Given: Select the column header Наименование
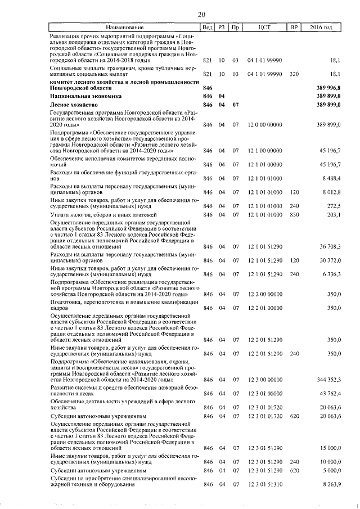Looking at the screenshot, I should click(125, 28).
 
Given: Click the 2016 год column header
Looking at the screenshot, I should click(325, 28).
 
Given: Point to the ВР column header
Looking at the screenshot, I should click(294, 28).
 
